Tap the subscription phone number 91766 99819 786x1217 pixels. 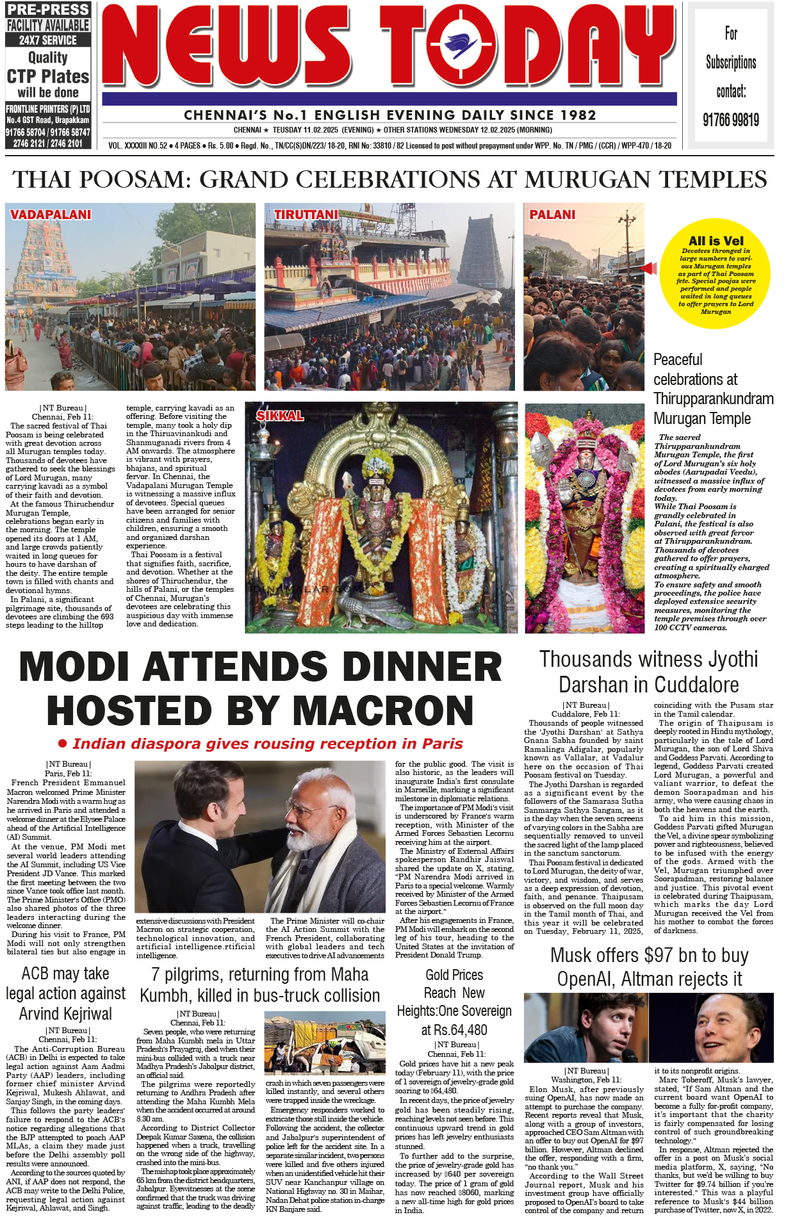(731, 120)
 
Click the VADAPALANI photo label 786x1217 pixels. (51, 215)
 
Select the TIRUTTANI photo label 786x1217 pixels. (306, 215)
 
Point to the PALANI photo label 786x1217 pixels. (552, 215)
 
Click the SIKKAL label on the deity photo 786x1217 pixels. (280, 416)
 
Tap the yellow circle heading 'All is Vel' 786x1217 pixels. (716, 241)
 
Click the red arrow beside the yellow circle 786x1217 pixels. (649, 268)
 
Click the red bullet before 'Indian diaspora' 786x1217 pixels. (63, 744)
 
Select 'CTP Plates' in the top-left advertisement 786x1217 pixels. (48, 76)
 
